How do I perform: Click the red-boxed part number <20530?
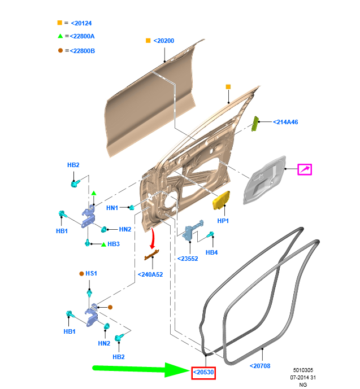pyautogui.click(x=203, y=373)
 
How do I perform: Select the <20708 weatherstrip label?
pyautogui.click(x=260, y=366)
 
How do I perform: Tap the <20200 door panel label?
pyautogui.click(x=164, y=41)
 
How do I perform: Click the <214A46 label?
pyautogui.click(x=285, y=122)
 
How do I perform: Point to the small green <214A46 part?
pyautogui.click(x=255, y=124)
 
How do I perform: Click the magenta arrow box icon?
pyautogui.click(x=305, y=169)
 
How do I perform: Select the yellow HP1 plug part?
pyautogui.click(x=221, y=200)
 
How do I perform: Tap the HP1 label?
pyautogui.click(x=223, y=221)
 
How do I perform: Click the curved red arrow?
pyautogui.click(x=153, y=238)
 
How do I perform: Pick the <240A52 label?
pyautogui.click(x=150, y=274)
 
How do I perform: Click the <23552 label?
pyautogui.click(x=188, y=259)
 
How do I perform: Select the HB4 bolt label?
pyautogui.click(x=211, y=252)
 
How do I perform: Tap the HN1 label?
pyautogui.click(x=112, y=208)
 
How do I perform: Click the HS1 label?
pyautogui.click(x=91, y=273)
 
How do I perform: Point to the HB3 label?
pyautogui.click(x=114, y=244)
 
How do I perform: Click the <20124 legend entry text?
pyautogui.click(x=81, y=23)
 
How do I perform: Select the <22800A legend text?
pyautogui.click(x=82, y=36)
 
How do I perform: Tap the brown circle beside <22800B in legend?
pyautogui.click(x=60, y=50)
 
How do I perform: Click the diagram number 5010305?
pyautogui.click(x=303, y=370)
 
